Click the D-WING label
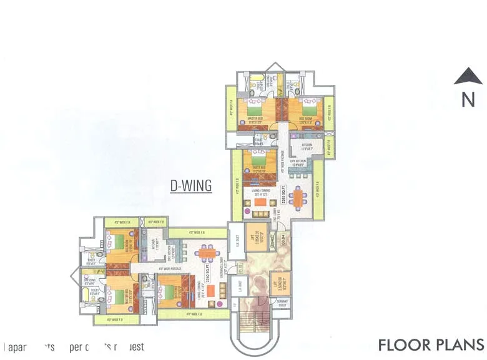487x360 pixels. point(191,185)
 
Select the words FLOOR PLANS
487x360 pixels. point(431,345)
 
